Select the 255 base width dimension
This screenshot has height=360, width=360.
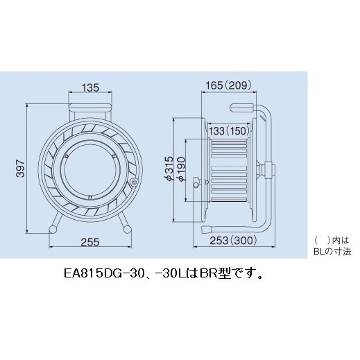coord(89,242)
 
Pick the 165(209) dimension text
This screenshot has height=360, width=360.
coord(231,85)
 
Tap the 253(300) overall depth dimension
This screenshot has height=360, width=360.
coord(231,242)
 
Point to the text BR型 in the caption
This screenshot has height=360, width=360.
coord(211,274)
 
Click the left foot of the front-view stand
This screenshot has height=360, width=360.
coord(53,229)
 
